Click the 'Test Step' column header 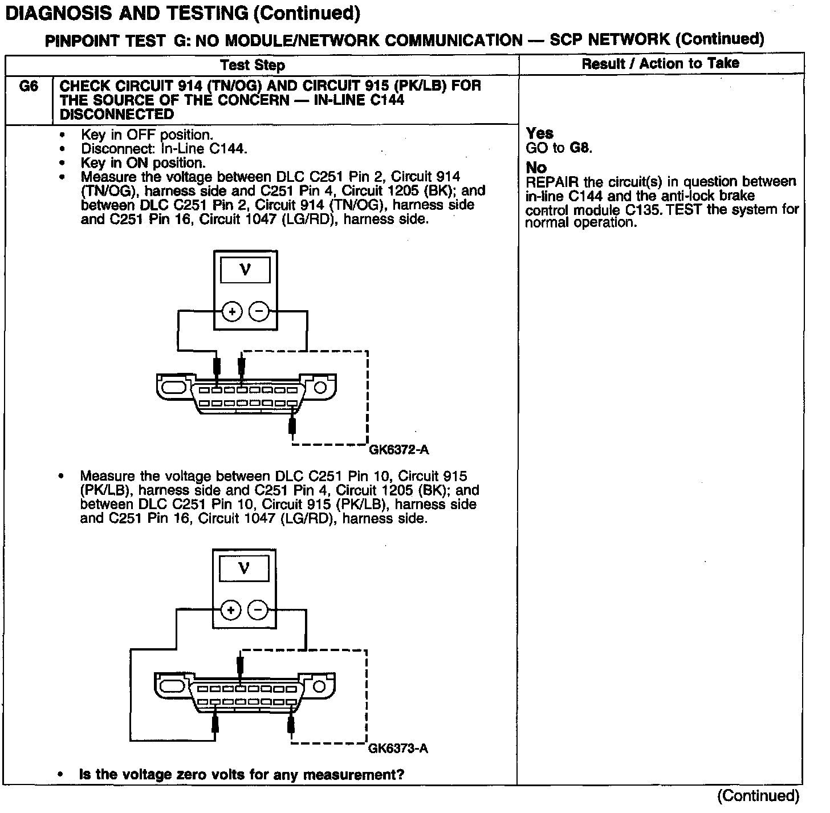click(x=253, y=65)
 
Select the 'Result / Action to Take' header click(x=660, y=63)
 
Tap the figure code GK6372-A click(x=399, y=450)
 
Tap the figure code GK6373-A click(x=398, y=748)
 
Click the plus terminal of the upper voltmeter click(x=232, y=312)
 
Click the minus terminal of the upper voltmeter click(x=259, y=312)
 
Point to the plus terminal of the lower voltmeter click(x=231, y=611)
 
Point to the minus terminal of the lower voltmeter click(x=258, y=611)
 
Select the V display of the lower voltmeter click(x=244, y=569)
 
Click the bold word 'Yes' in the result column click(x=539, y=133)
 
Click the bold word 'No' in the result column click(x=536, y=168)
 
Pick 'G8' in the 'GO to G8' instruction click(x=580, y=148)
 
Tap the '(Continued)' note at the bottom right click(x=758, y=796)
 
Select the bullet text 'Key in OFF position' click(x=147, y=135)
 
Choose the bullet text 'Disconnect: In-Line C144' click(x=164, y=149)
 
